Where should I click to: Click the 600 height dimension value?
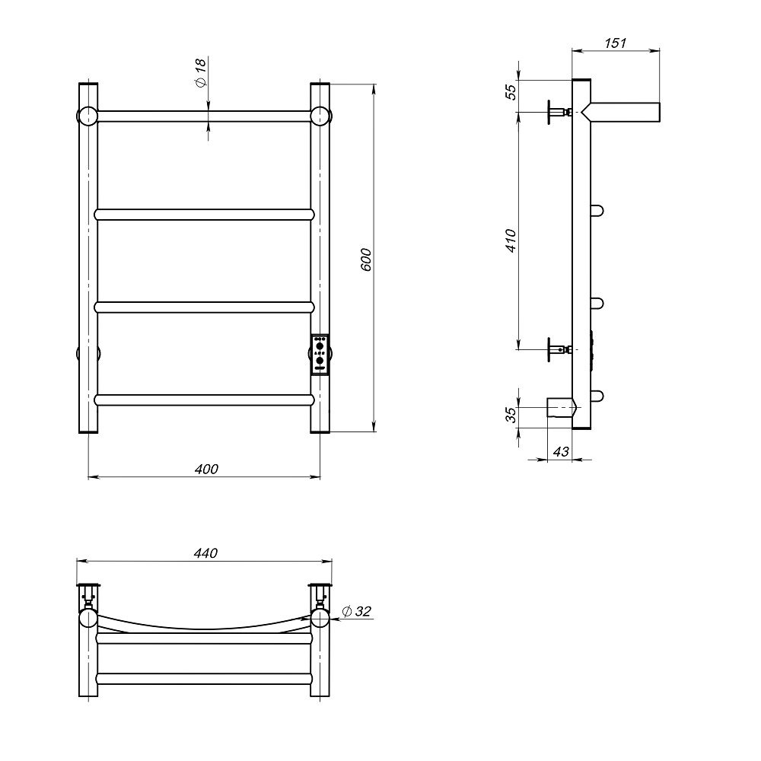pyautogui.click(x=367, y=260)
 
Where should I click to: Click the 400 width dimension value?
pyautogui.click(x=206, y=469)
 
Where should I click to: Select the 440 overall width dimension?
pyautogui.click(x=205, y=552)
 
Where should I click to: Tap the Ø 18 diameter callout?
pyautogui.click(x=200, y=72)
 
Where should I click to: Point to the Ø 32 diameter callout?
pyautogui.click(x=356, y=611)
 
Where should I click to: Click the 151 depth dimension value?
pyautogui.click(x=616, y=43)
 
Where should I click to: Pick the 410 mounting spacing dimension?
pyautogui.click(x=511, y=240)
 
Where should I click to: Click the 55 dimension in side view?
pyautogui.click(x=511, y=92)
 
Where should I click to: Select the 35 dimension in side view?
pyautogui.click(x=511, y=415)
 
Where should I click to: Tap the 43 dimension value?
pyautogui.click(x=561, y=452)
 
